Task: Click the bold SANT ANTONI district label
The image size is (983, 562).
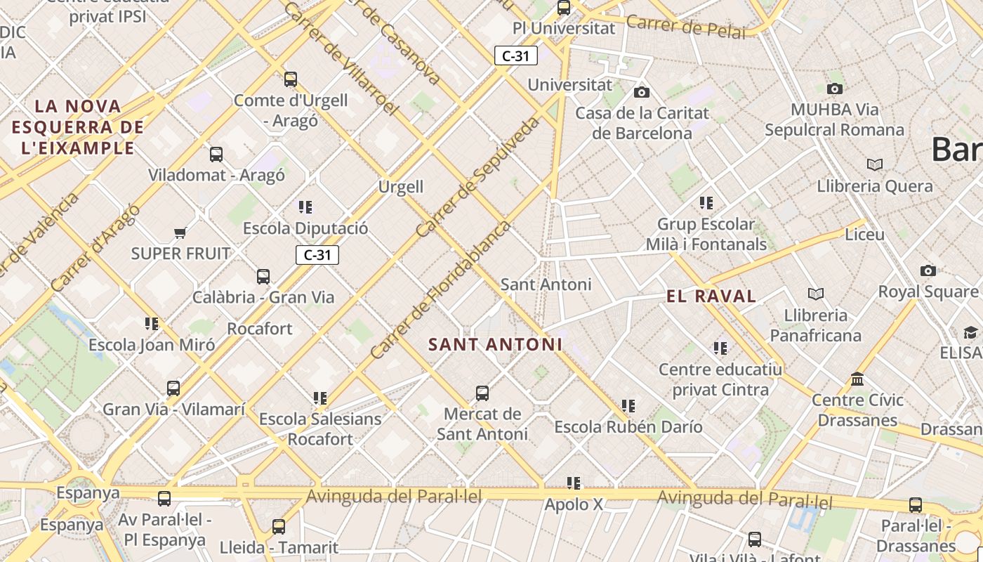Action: click(495, 344)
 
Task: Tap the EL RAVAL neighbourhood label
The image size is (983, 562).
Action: click(711, 296)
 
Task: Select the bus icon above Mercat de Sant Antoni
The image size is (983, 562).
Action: click(482, 393)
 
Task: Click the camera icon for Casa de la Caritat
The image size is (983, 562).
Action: click(641, 92)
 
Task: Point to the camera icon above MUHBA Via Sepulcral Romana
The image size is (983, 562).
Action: click(834, 89)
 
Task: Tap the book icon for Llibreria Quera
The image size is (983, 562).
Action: click(874, 164)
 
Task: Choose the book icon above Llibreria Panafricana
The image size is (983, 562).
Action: click(815, 294)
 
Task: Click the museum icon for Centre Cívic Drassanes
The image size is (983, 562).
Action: click(857, 379)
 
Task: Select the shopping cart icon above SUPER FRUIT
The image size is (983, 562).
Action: click(180, 233)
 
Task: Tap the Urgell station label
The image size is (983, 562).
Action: click(401, 187)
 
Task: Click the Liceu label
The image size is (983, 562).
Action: click(864, 235)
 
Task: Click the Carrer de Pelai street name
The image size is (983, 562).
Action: click(685, 27)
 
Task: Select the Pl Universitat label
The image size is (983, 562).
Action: click(564, 28)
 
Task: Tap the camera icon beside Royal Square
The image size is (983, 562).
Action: click(928, 270)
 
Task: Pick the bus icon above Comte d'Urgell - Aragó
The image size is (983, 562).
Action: click(290, 79)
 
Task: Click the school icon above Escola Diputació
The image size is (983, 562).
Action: click(305, 207)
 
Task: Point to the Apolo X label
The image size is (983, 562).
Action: click(574, 504)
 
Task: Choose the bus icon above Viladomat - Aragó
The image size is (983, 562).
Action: click(216, 155)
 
